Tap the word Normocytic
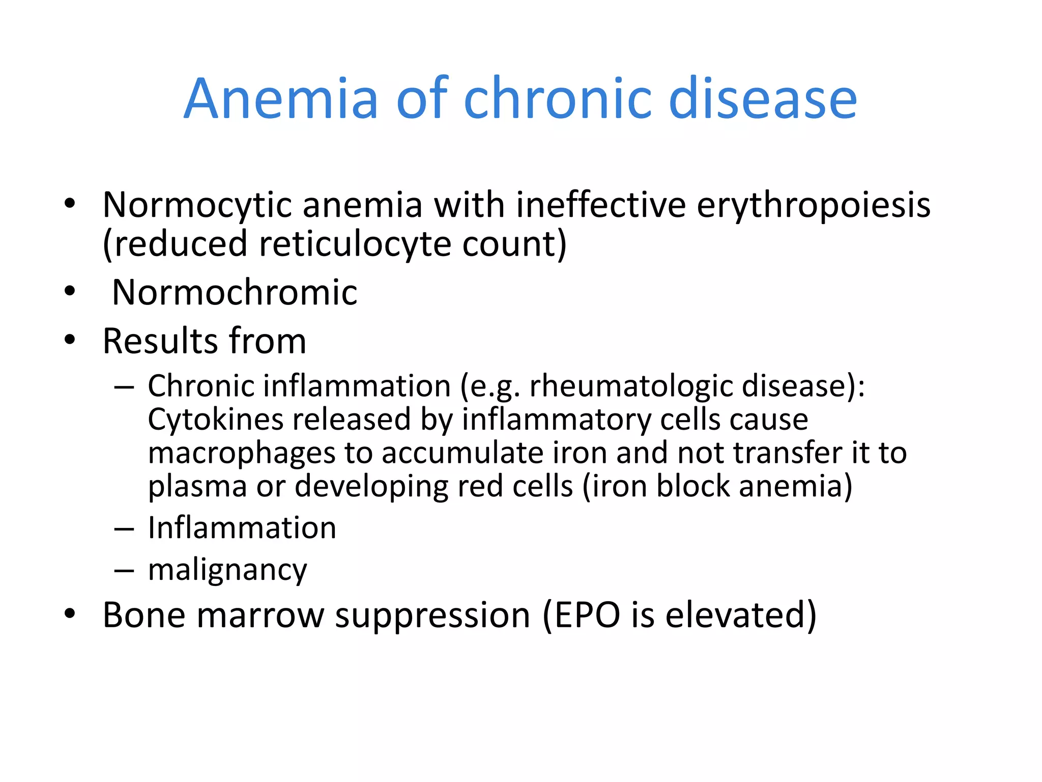click(x=197, y=205)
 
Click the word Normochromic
click(x=235, y=292)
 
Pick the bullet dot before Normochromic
click(x=70, y=292)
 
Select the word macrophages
click(x=241, y=453)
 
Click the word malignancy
click(x=227, y=569)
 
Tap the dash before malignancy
click(x=124, y=570)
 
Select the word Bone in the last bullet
click(x=144, y=615)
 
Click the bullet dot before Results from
click(x=70, y=340)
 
